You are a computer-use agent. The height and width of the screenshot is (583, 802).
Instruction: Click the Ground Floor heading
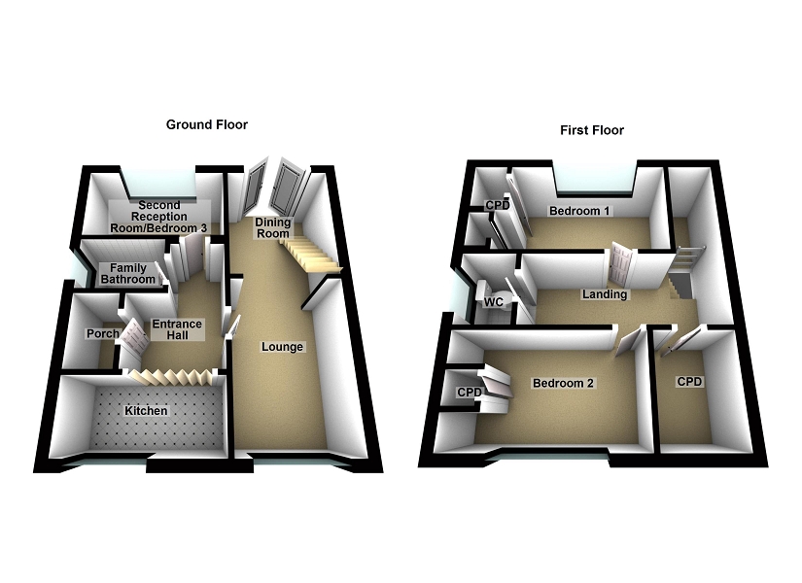click(206, 124)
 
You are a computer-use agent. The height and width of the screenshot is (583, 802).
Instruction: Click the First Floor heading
click(591, 130)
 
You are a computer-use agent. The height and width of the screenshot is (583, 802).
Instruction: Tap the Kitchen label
click(146, 411)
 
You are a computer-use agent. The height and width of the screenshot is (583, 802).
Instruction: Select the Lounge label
click(282, 347)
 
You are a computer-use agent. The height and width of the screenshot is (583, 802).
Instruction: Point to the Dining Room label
click(273, 228)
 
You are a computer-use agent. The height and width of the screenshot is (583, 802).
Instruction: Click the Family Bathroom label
click(128, 274)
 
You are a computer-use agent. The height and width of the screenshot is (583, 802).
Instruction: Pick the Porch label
click(102, 334)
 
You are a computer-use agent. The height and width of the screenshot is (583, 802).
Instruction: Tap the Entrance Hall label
click(176, 330)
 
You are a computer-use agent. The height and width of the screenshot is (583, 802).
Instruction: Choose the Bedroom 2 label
click(563, 384)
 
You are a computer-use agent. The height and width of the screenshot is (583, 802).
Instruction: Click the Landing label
click(605, 294)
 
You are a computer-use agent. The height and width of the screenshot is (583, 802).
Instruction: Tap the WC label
click(494, 301)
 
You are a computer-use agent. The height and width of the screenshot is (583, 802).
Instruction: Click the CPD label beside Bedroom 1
click(498, 206)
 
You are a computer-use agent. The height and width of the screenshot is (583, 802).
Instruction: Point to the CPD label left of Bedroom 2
click(470, 392)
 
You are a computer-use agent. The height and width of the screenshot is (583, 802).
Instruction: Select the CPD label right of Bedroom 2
click(690, 382)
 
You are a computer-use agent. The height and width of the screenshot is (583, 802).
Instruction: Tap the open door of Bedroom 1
click(620, 263)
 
